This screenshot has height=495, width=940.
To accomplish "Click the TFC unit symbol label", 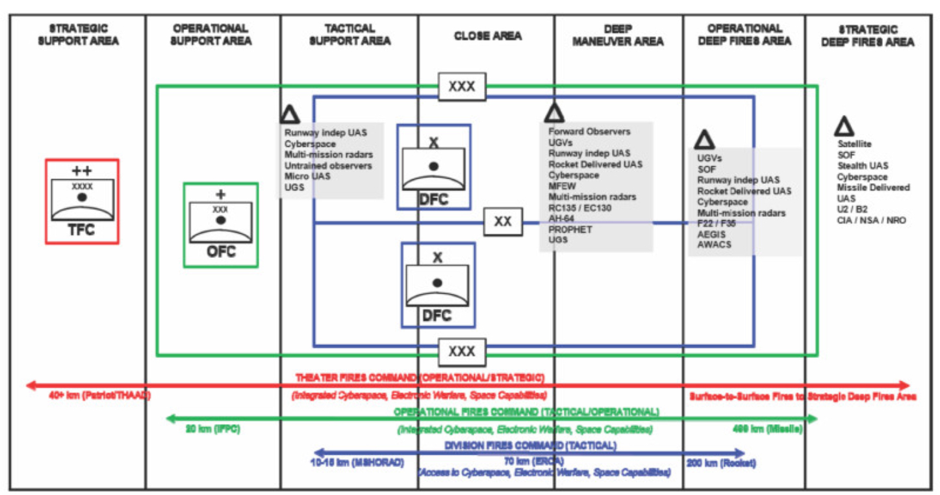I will pyautogui.click(x=82, y=231).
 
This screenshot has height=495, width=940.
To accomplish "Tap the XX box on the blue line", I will pyautogui.click(x=503, y=222).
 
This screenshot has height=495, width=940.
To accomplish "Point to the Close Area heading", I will pyautogui.click(x=487, y=36).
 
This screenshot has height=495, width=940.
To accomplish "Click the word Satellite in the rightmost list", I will pyautogui.click(x=854, y=144).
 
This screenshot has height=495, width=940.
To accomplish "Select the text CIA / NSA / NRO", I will pyautogui.click(x=871, y=220).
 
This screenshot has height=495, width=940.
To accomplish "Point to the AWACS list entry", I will pyautogui.click(x=714, y=245).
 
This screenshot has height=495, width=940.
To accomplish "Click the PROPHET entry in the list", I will pyautogui.click(x=570, y=229).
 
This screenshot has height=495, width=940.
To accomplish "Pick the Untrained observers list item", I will pyautogui.click(x=328, y=166).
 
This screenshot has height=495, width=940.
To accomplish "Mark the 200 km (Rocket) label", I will pyautogui.click(x=720, y=464).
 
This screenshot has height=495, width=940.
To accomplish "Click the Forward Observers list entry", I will pyautogui.click(x=589, y=131).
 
